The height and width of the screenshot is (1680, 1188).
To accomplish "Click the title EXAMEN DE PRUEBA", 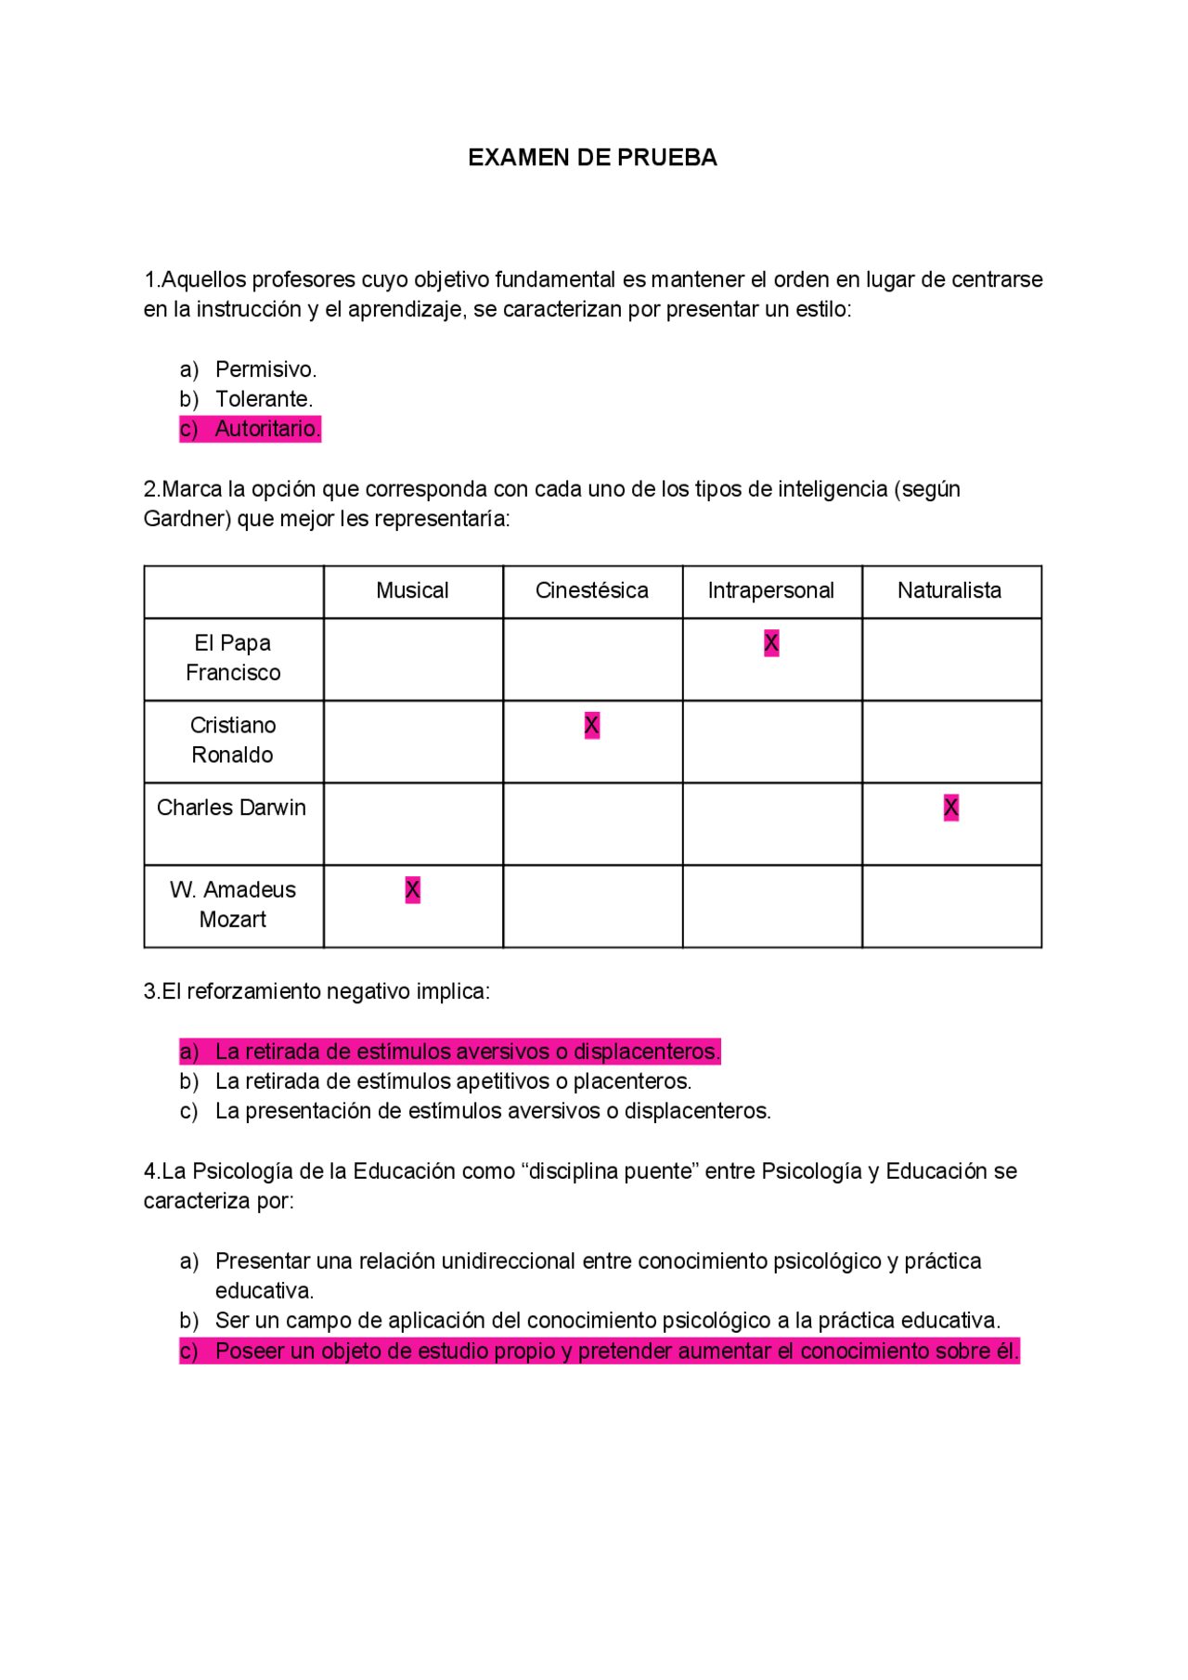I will click(x=592, y=158).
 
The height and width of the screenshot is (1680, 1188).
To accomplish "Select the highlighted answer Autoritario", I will click(x=266, y=429).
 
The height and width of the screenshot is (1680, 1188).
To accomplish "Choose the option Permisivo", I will click(x=265, y=369).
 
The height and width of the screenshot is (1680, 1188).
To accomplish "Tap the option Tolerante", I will click(x=264, y=399).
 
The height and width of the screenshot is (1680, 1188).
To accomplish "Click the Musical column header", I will click(x=412, y=590).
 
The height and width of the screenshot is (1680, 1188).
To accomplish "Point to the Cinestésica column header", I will click(x=591, y=590).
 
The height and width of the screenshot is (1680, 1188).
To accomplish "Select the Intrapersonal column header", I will click(x=770, y=590).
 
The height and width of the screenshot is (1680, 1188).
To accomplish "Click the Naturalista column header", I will click(x=949, y=590).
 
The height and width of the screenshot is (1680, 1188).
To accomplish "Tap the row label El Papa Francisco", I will click(x=233, y=658).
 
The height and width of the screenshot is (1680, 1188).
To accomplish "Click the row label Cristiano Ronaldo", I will click(x=233, y=740).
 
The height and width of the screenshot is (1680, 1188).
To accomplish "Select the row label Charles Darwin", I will click(x=231, y=808).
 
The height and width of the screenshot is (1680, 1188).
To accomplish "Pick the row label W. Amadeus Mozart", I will click(x=233, y=904).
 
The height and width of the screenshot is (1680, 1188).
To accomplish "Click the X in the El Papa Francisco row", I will click(x=771, y=643).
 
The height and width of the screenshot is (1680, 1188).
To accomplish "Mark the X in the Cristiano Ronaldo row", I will click(x=592, y=725).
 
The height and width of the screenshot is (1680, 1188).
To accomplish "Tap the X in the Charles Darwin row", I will click(x=950, y=808).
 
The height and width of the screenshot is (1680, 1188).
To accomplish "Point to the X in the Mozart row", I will click(x=413, y=889).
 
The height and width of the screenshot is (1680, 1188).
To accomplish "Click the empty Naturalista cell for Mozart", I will click(x=951, y=906).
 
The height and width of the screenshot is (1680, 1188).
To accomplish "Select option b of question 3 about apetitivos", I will click(x=453, y=1081).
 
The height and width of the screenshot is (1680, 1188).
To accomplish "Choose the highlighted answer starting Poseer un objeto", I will click(x=616, y=1350).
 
